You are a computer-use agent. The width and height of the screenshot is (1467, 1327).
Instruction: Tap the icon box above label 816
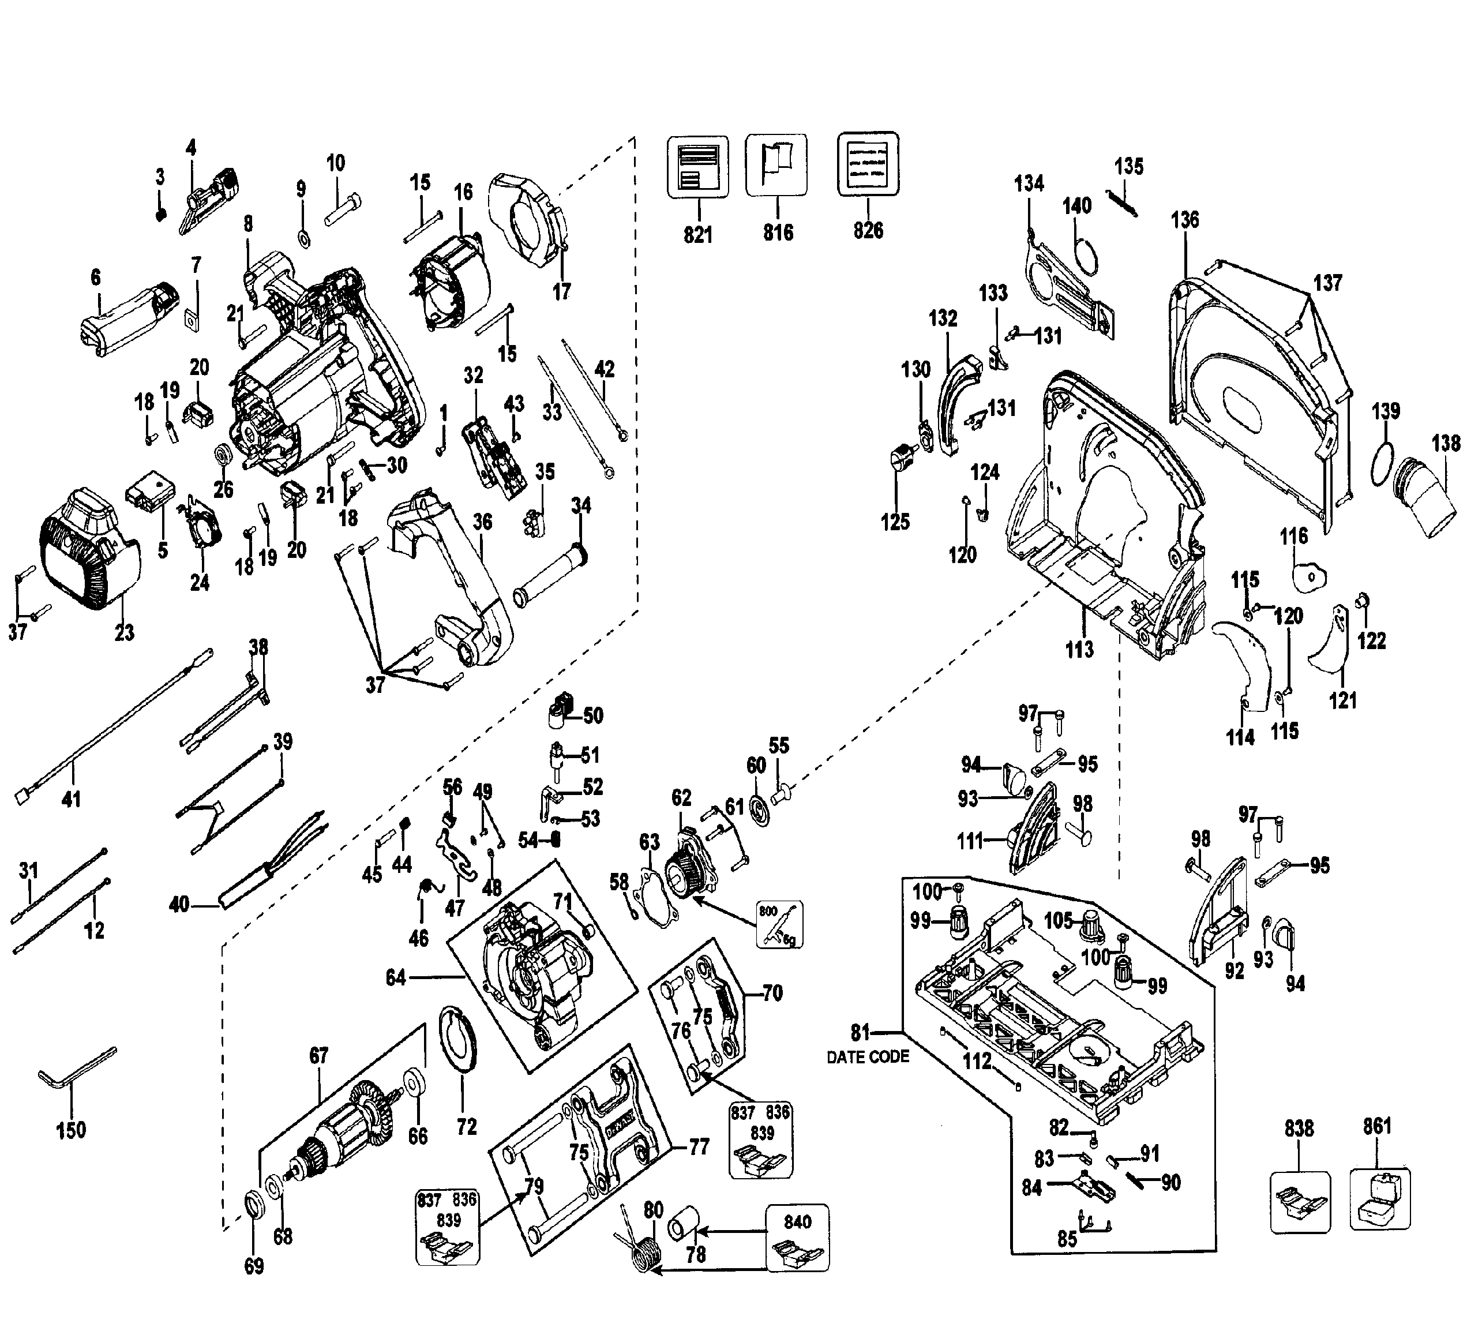(x=776, y=165)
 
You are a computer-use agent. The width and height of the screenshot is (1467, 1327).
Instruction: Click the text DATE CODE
(x=868, y=1057)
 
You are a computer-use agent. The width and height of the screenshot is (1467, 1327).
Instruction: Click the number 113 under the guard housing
(x=1079, y=648)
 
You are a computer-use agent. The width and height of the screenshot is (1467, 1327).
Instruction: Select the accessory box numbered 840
(x=798, y=1237)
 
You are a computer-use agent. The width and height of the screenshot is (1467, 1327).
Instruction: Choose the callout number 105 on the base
(x=1059, y=921)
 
